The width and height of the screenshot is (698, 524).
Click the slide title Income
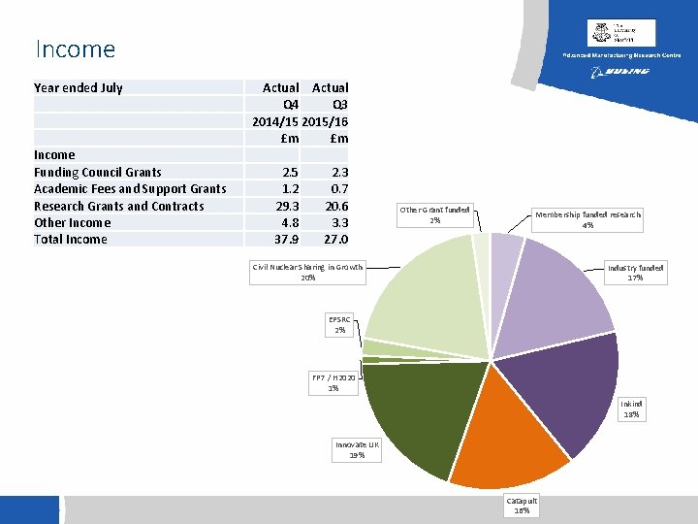pos(75,49)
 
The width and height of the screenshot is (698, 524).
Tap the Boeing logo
pos(620,72)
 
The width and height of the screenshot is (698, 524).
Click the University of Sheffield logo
pos(620,33)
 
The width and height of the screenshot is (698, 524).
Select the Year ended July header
pos(79,87)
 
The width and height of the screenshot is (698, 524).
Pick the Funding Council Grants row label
pos(97,172)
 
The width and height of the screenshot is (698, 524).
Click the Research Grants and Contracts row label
pos(118,206)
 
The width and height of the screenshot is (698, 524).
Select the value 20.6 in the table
pos(334,206)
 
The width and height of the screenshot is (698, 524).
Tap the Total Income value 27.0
pos(334,240)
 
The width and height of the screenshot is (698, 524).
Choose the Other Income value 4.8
pos(289,222)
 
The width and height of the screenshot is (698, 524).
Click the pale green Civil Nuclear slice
pos(427,291)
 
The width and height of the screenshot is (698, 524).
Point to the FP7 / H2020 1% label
pos(333,382)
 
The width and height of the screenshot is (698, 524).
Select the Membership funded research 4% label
pos(587,219)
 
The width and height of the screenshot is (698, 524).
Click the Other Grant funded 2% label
pos(435,214)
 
